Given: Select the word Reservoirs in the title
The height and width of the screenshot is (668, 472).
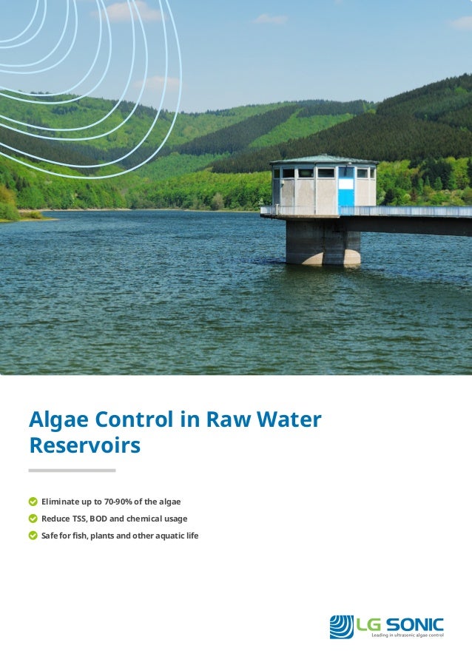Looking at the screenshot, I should click(x=84, y=447).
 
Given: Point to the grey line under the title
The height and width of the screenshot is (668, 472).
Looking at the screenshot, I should click(x=72, y=470).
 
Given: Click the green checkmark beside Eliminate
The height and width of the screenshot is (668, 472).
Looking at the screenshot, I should click(x=33, y=502).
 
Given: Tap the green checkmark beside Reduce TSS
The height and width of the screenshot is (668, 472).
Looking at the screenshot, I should click(x=33, y=519).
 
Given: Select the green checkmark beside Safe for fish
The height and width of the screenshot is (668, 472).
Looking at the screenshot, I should click(x=33, y=536).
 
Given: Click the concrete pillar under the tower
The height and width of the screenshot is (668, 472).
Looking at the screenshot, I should click(x=323, y=242).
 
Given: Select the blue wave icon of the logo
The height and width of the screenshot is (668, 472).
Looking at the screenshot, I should click(x=341, y=627).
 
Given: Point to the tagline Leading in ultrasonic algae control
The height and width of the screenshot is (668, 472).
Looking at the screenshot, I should click(x=406, y=635).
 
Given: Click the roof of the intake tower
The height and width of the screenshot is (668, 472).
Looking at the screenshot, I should click(x=323, y=159).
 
